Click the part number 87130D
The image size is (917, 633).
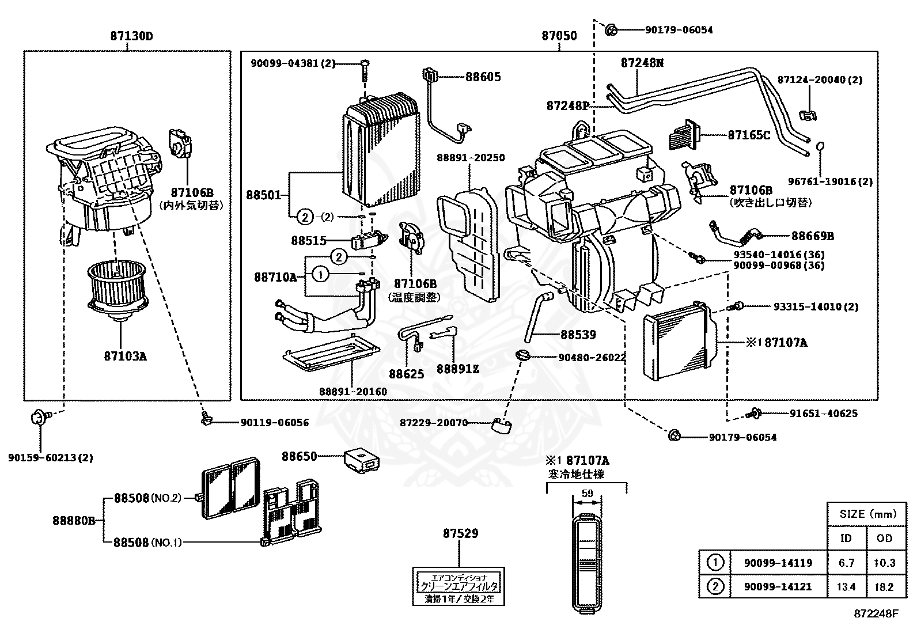[x=131, y=36]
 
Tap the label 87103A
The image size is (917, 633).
[x=126, y=356]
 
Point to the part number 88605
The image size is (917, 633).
[x=483, y=77]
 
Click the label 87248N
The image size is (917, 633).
[x=642, y=63]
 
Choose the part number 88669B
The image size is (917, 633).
[x=812, y=236]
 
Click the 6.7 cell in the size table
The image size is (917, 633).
[x=846, y=563]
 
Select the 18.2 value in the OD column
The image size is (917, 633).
[x=884, y=586]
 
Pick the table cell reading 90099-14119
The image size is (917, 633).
[x=778, y=563]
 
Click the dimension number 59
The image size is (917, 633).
[x=587, y=494]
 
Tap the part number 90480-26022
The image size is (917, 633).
[x=592, y=357]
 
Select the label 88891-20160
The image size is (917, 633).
[x=353, y=392]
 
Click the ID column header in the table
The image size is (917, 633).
[x=846, y=537]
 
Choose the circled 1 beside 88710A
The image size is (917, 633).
[x=321, y=275]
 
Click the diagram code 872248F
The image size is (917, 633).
[x=876, y=614]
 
